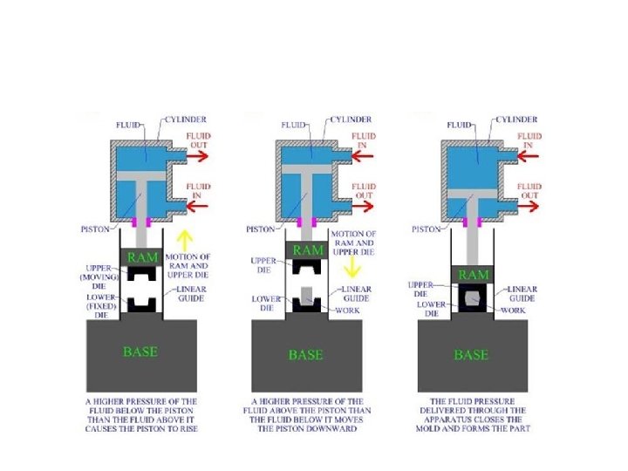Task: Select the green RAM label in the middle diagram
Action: pyautogui.click(x=307, y=250)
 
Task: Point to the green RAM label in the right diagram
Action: pyautogui.click(x=473, y=275)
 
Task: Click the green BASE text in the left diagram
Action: pyautogui.click(x=140, y=352)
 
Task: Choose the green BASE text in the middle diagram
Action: pyautogui.click(x=305, y=355)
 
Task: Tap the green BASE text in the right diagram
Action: pyautogui.click(x=471, y=355)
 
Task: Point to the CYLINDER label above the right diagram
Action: pyautogui.click(x=517, y=119)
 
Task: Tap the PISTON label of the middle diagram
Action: pyautogui.click(x=261, y=229)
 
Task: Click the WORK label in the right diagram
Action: pyautogui.click(x=513, y=310)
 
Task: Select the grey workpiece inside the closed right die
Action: pyautogui.click(x=472, y=299)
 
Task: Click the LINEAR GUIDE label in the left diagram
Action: pyautogui.click(x=191, y=293)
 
